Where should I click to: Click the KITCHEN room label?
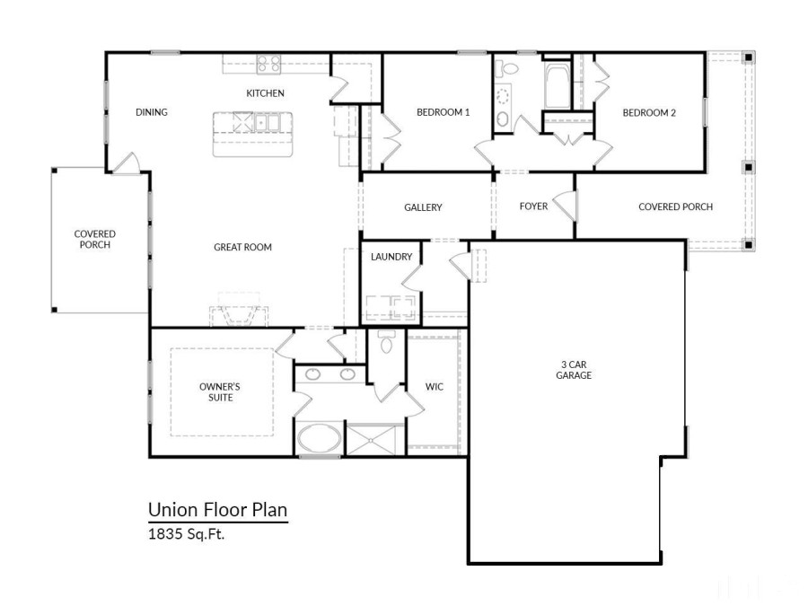(265, 93)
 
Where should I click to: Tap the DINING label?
(152, 112)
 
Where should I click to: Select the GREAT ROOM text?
(242, 247)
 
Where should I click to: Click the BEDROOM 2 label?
(649, 112)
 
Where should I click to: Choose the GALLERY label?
(423, 207)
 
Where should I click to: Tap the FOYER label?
(533, 206)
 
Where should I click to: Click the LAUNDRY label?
(391, 257)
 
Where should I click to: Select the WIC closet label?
(435, 387)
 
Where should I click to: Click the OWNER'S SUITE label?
(220, 391)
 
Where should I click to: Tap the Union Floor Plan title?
(217, 511)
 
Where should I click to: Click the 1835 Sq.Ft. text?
(188, 533)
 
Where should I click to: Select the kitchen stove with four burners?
(268, 64)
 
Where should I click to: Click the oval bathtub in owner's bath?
(319, 440)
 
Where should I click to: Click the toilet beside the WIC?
(387, 342)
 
